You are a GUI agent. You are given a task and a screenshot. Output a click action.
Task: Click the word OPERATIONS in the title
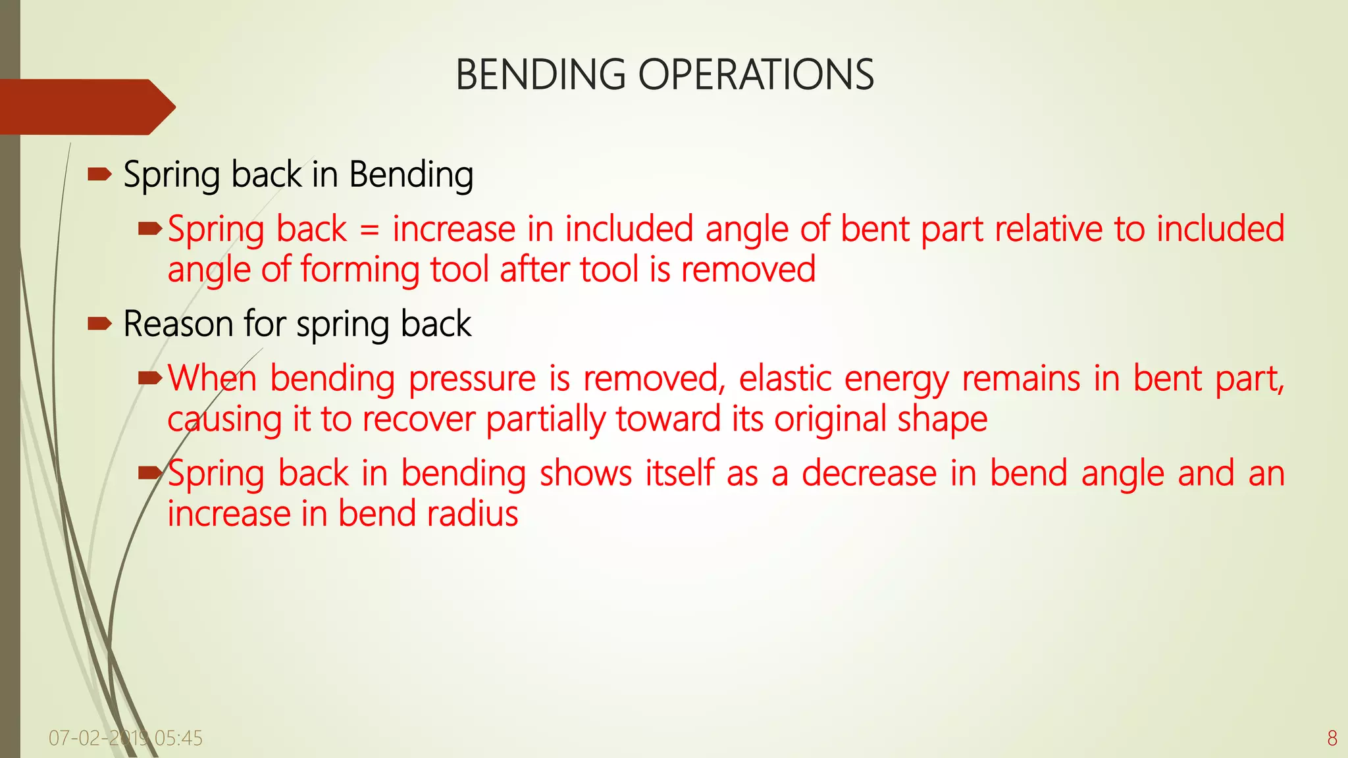tap(756, 74)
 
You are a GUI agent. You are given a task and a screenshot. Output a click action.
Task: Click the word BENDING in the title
tap(540, 74)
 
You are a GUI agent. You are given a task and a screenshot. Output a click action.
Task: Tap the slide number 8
tap(1332, 738)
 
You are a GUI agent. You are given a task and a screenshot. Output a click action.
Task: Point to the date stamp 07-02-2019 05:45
tap(125, 738)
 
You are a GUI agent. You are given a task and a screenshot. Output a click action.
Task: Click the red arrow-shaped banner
tap(86, 107)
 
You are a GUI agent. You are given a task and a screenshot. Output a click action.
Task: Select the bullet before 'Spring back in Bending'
tap(99, 175)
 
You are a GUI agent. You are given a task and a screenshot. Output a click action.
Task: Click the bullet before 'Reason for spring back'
tap(99, 323)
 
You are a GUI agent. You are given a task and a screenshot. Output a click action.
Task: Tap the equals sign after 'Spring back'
tap(370, 230)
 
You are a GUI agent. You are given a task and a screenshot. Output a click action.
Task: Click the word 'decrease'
tap(869, 474)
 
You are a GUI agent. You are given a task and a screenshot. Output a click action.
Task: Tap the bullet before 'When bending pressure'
tap(150, 378)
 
